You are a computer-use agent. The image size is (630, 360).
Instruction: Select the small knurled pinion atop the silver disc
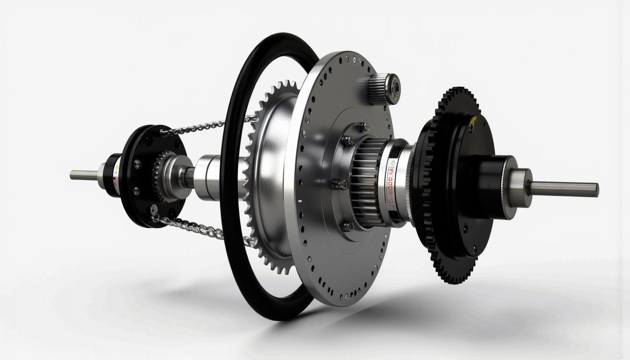coord(383,89)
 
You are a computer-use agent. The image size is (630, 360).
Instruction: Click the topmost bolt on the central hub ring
coord(363,127)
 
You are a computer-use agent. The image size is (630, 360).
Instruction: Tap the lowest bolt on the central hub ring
coord(347,226)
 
